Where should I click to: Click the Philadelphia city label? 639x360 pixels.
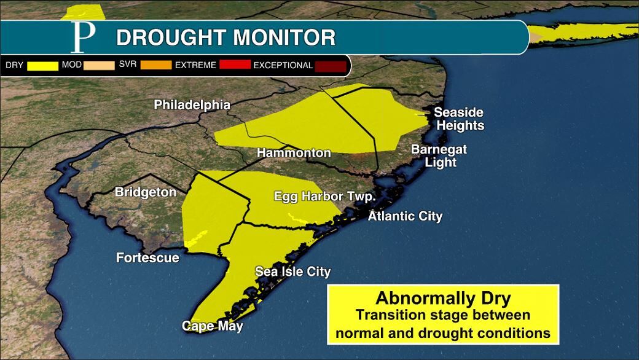(192, 105)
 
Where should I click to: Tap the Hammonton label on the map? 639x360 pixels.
(294, 153)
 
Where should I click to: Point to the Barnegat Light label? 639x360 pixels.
(439, 156)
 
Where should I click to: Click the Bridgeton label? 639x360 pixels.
(146, 192)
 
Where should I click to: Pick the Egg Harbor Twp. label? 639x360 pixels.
(324, 197)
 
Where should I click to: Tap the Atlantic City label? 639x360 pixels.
(405, 216)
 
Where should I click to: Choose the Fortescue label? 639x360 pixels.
(147, 258)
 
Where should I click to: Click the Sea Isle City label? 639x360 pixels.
(293, 272)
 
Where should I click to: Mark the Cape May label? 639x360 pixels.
(213, 326)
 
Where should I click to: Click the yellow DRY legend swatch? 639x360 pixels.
(42, 65)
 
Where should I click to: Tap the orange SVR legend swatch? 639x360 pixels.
(156, 65)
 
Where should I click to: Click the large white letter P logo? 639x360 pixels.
(83, 37)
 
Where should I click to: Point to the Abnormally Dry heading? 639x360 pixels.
(443, 299)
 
